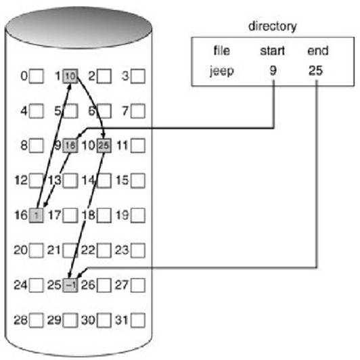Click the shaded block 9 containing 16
tap(70, 145)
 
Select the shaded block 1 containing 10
tap(70, 76)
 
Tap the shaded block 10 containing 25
tap(104, 145)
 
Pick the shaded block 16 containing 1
tap(37, 215)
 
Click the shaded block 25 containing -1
tap(70, 285)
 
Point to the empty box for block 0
tap(37, 76)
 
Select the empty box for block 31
tap(138, 320)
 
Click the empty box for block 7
tap(138, 111)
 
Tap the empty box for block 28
tap(37, 320)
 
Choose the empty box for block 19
tap(138, 215)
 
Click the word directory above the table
tap(273, 27)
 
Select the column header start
tap(272, 51)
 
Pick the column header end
tap(318, 51)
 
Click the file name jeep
tap(222, 71)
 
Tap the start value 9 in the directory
tap(273, 70)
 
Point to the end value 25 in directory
tap(316, 70)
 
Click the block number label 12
tap(21, 180)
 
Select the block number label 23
tap(122, 250)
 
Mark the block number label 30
tap(88, 320)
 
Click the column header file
tap(221, 51)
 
